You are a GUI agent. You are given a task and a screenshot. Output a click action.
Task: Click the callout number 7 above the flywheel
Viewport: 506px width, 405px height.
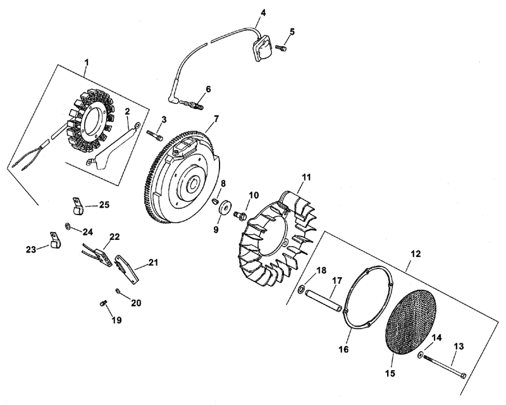click(x=216, y=118)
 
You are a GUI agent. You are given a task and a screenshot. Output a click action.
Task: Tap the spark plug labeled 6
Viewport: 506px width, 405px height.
click(x=192, y=104)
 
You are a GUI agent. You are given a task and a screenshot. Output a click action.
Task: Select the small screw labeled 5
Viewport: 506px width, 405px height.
click(x=281, y=48)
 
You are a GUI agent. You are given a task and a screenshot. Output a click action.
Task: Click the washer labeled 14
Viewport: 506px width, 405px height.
click(x=421, y=354)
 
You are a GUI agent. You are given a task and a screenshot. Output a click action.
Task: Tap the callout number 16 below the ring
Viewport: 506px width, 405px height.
click(x=344, y=349)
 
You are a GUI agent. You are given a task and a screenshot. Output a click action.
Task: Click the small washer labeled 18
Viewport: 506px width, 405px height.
click(x=300, y=289)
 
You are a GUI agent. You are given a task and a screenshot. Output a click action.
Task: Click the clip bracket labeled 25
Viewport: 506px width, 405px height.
click(x=77, y=206)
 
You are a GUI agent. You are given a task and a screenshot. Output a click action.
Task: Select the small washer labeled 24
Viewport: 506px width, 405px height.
click(x=68, y=225)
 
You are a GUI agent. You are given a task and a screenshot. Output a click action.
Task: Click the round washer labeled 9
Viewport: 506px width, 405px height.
click(x=223, y=208)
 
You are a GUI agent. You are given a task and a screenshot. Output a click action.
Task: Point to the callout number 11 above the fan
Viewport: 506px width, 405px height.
click(x=306, y=177)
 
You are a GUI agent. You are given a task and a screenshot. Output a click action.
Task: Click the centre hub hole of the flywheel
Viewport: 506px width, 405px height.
click(x=194, y=184)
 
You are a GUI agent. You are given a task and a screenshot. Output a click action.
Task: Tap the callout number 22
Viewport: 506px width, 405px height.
click(x=114, y=237)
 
